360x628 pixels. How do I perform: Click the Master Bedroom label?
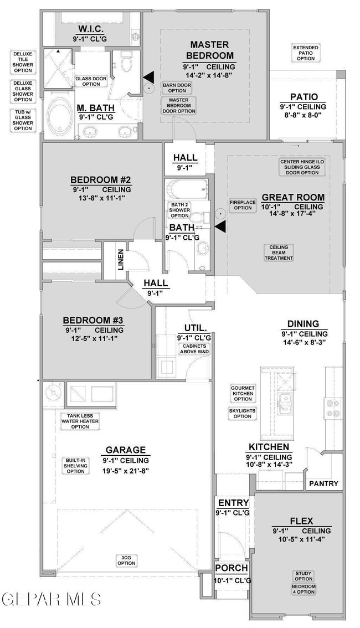209,50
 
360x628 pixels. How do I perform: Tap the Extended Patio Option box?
306,53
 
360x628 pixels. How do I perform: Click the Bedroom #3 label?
93,321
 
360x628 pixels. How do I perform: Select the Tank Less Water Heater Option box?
80,421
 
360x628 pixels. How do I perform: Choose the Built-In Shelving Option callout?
76,465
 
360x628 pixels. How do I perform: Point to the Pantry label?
323,483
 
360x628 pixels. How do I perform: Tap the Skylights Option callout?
243,413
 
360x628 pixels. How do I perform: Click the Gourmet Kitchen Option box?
243,393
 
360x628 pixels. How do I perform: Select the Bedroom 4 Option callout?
304,589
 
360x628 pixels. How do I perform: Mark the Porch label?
232,568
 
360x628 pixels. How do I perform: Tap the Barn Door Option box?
177,87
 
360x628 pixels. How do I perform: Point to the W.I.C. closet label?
91,29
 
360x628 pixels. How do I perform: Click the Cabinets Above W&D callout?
194,349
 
